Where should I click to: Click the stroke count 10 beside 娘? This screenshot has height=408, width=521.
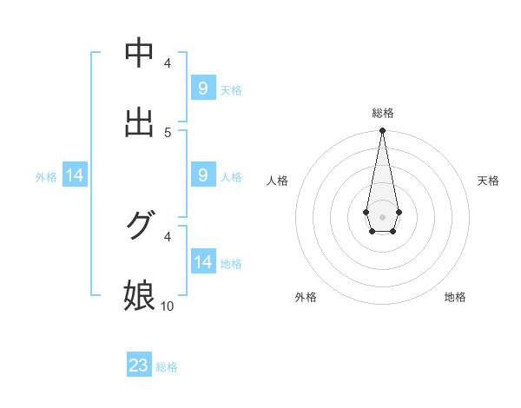coord(168,306)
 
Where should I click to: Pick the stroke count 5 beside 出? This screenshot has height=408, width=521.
coord(168,132)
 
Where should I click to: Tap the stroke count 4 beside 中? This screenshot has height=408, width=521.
coord(168,63)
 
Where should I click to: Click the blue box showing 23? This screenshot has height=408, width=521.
coord(139,365)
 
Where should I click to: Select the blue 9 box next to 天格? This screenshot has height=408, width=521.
coord(202,88)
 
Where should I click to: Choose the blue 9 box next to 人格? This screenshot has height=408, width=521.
coord(202,174)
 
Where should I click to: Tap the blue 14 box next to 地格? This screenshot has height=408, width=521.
coord(202,261)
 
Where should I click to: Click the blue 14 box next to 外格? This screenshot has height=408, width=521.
coord(75,175)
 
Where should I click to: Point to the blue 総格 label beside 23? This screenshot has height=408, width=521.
coord(167,367)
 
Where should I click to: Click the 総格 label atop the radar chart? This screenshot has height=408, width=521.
coord(382,113)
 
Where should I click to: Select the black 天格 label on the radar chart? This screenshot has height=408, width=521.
coord(489,181)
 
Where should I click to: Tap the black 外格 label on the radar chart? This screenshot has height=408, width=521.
coord(306,297)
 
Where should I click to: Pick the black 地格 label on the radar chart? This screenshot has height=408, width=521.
coord(455,297)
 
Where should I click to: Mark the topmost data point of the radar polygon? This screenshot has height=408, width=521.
coord(382,131)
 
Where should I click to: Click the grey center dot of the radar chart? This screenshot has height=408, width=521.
coord(382,215)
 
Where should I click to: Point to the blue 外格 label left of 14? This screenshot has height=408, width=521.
coord(46,177)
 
